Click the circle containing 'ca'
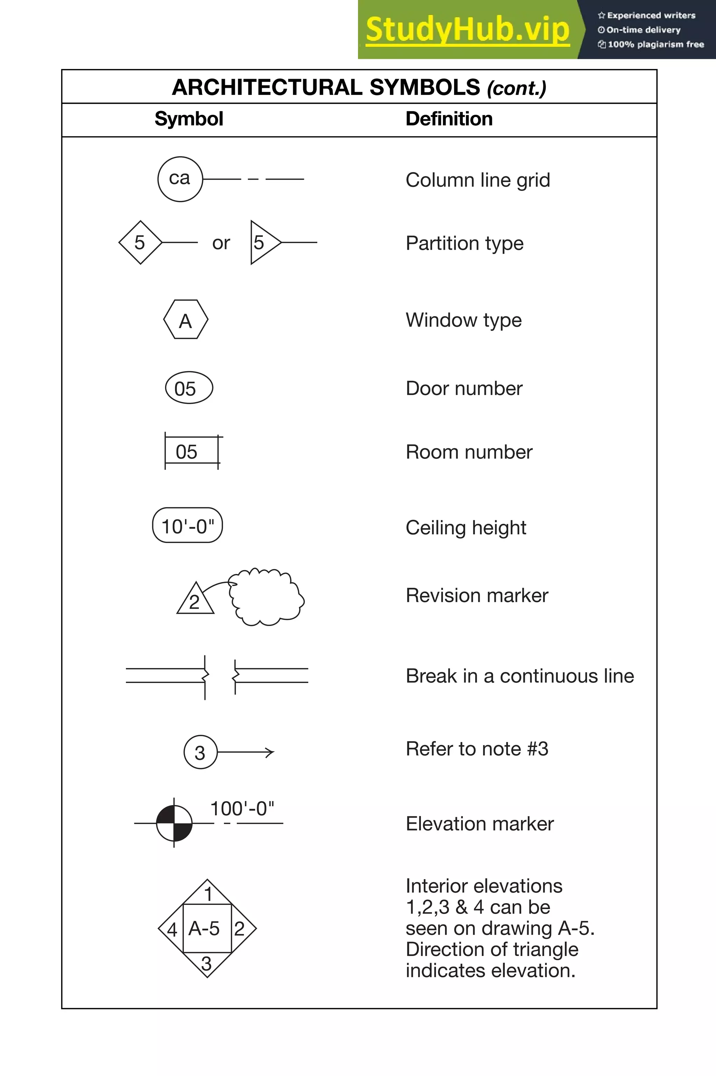[x=180, y=179]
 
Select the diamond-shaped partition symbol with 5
[x=140, y=242]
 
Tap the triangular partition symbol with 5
[x=263, y=242]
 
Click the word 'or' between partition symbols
[x=221, y=243]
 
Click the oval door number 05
[x=188, y=388]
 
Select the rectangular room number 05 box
[x=192, y=451]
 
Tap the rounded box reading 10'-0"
[x=187, y=526]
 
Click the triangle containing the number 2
[x=195, y=600]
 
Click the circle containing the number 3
[x=200, y=752]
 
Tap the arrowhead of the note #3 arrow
[x=271, y=752]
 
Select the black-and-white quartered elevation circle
[x=174, y=823]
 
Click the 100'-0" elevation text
[x=242, y=809]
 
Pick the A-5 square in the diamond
[x=207, y=928]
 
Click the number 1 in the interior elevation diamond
[x=208, y=894]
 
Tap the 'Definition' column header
[x=449, y=119]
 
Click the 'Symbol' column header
[x=188, y=119]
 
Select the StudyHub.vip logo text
[x=467, y=30]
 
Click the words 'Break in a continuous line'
[x=520, y=676]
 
